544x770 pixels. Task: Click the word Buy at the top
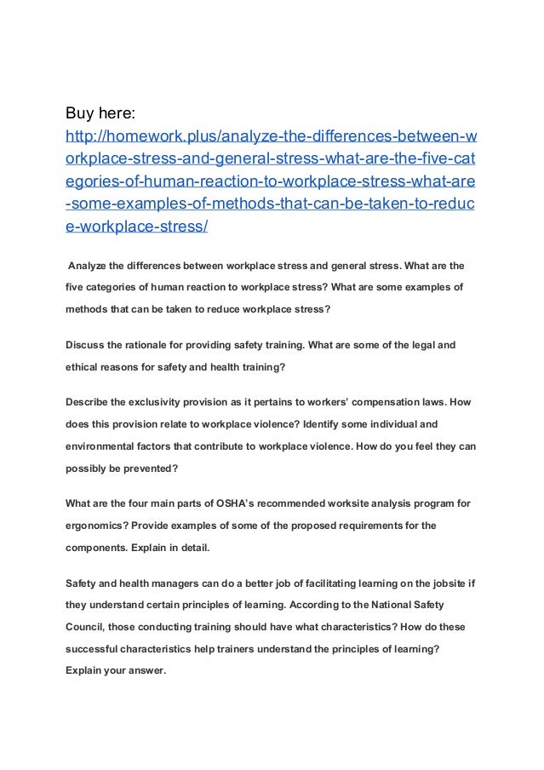point(82,112)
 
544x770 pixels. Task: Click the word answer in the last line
point(143,669)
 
